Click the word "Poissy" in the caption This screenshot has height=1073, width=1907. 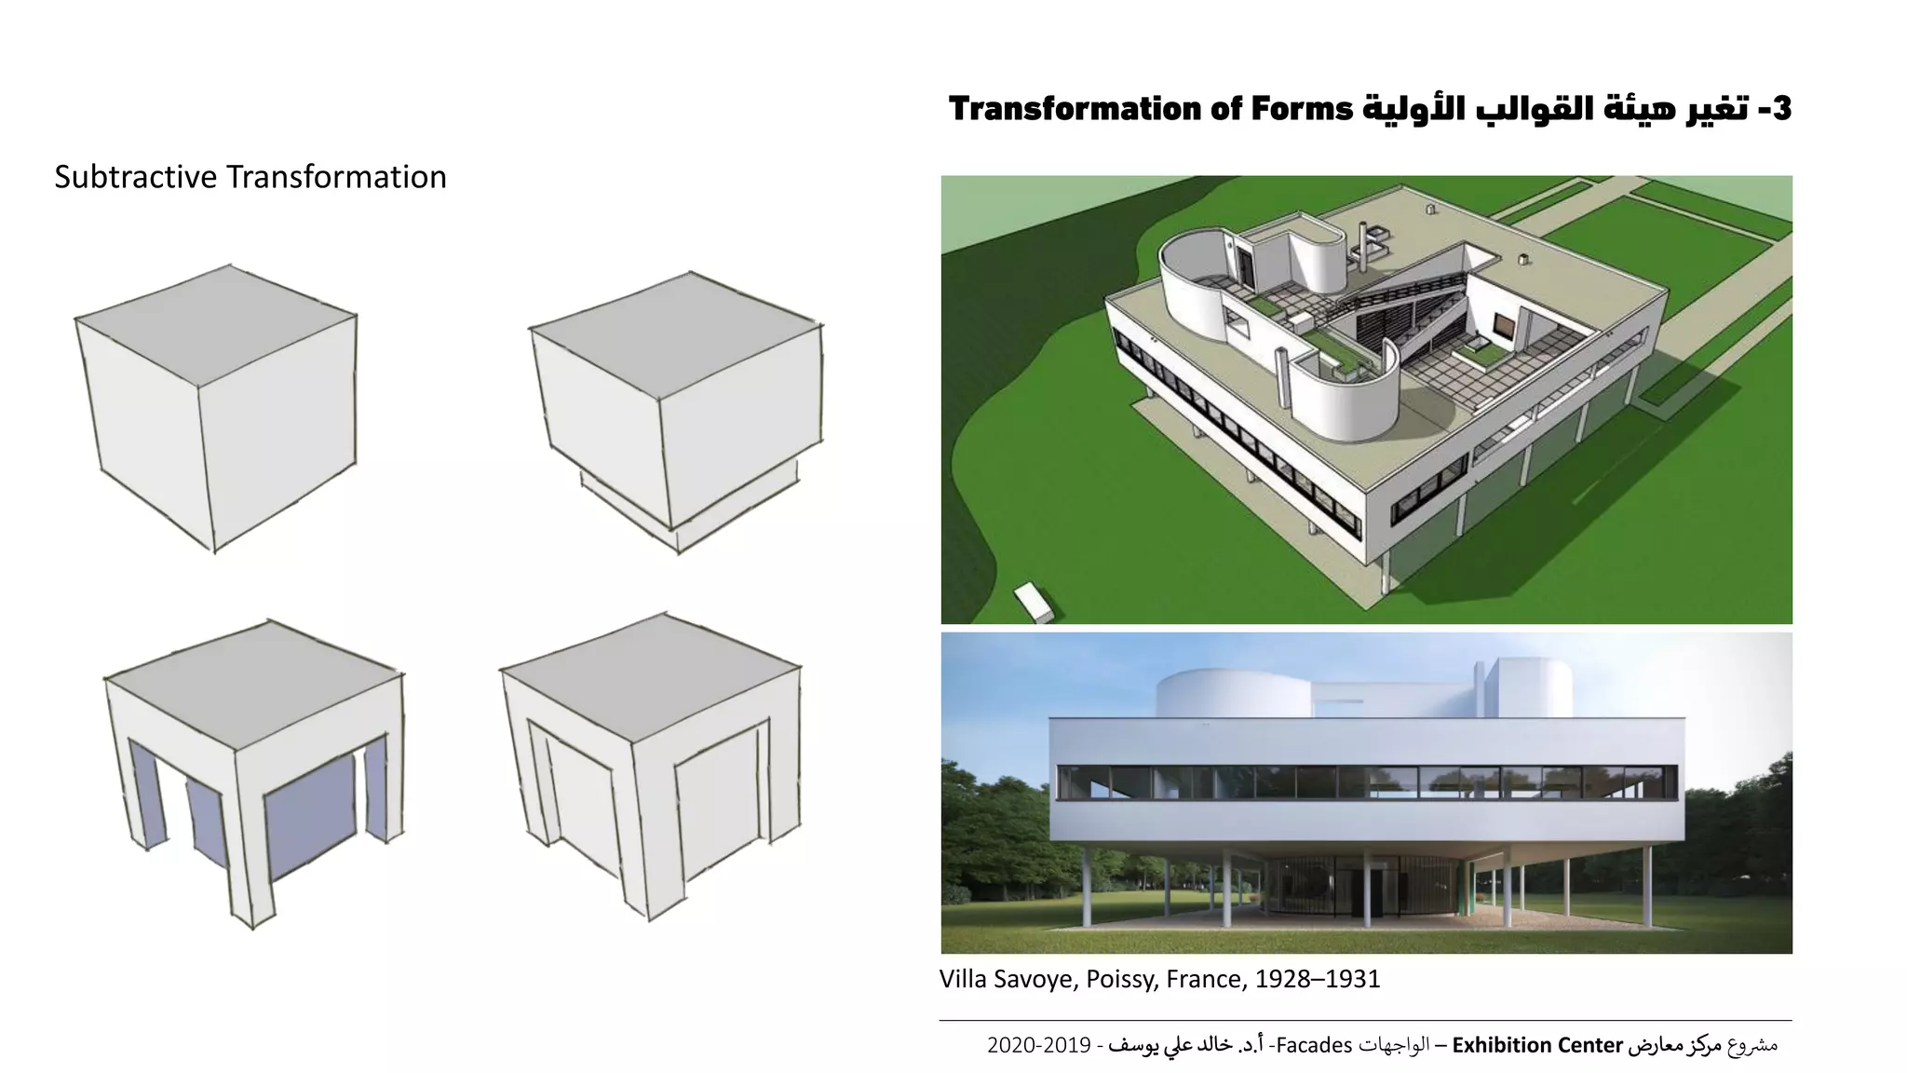pyautogui.click(x=1119, y=979)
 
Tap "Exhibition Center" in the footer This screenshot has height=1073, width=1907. pyautogui.click(x=1537, y=1045)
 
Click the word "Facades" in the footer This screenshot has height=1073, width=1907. pyautogui.click(x=1314, y=1045)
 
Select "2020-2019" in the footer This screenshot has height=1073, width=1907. pyautogui.click(x=1038, y=1045)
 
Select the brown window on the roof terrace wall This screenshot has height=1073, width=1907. pyautogui.click(x=1503, y=325)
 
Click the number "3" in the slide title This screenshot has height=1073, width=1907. pyautogui.click(x=1780, y=110)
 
